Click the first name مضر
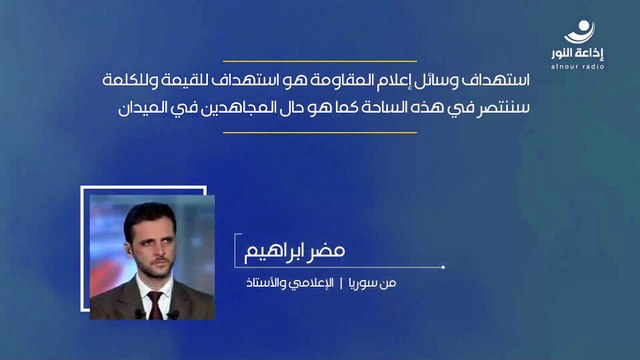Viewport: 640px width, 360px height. [x=364, y=247]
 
